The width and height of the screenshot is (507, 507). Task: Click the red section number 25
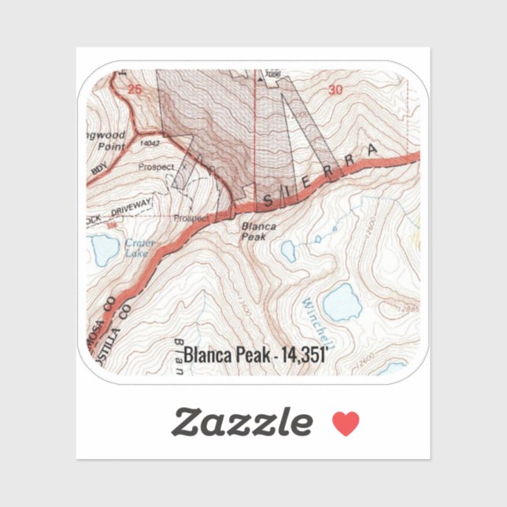pos(135,90)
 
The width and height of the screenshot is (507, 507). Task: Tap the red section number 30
pos(336,90)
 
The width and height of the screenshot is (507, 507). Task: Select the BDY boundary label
pos(98,169)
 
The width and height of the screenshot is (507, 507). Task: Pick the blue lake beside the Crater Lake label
pos(102,250)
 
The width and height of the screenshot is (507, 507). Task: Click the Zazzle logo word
pos(242,423)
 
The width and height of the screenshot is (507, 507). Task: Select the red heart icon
pos(346,424)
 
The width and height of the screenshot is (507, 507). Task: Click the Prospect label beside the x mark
pos(155,167)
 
